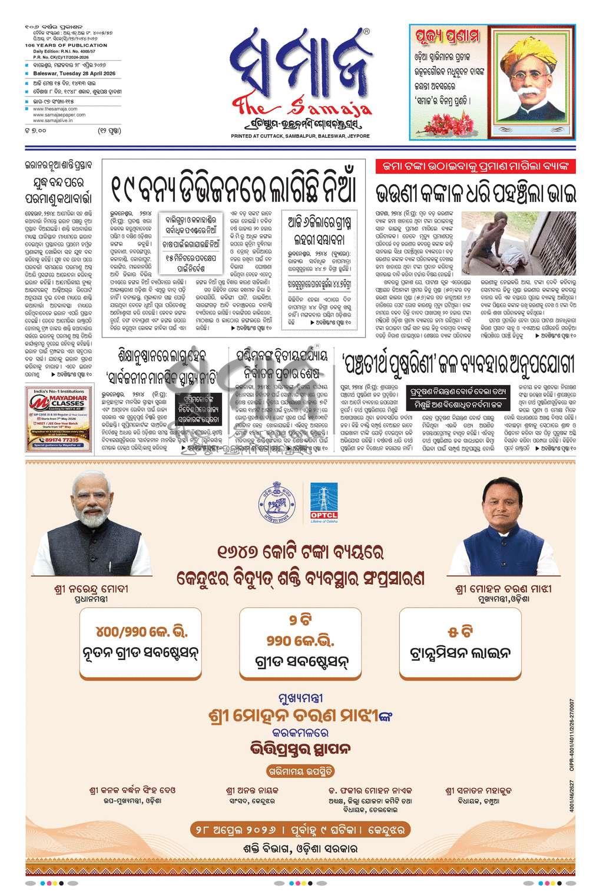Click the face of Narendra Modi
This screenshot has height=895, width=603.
[93, 501]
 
